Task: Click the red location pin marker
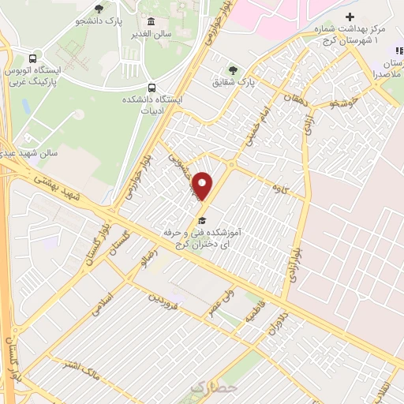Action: (203, 185)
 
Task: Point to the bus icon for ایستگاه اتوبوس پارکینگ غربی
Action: (32, 58)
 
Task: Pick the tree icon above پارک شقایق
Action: (231, 69)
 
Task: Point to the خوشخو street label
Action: (345, 103)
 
